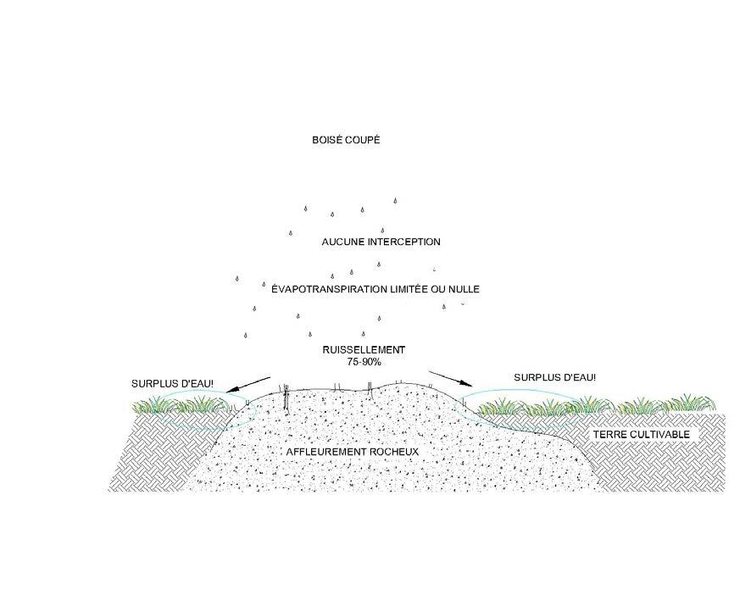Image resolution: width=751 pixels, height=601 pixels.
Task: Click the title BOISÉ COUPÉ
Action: point(346,140)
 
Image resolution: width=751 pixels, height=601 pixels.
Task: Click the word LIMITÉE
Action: point(413,289)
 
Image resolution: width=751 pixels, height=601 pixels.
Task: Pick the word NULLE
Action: point(465,289)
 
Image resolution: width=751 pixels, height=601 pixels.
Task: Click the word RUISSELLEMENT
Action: point(364,350)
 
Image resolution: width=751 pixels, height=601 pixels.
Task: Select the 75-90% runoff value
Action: point(364,362)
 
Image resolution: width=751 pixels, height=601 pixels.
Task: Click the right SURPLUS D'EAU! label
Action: point(555,377)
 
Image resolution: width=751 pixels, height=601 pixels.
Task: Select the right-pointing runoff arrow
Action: point(450,378)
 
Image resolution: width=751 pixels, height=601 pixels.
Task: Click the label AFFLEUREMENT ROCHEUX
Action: point(353,452)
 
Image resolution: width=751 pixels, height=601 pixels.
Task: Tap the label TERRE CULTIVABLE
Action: point(642,435)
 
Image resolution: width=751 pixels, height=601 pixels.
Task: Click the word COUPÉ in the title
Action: point(364,140)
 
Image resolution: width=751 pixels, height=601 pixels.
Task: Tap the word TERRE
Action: point(608,435)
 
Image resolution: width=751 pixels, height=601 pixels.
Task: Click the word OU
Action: point(442,289)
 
